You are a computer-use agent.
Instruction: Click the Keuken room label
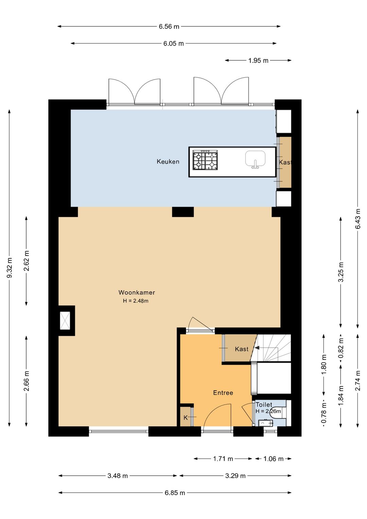pos(168,162)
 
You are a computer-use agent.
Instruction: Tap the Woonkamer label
pos(137,292)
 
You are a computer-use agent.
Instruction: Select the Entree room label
pos(223,393)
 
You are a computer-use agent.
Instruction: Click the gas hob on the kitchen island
pos(205,160)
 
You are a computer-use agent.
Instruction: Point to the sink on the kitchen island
pos(255,159)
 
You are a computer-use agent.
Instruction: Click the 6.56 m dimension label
pos(169,27)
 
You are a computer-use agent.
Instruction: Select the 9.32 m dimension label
pos(10,268)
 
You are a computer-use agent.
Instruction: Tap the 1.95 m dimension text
pos(258,61)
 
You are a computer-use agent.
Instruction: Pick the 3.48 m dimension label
pos(118,476)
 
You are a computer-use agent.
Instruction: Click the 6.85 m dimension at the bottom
pos(175,493)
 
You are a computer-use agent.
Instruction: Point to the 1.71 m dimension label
pos(223,458)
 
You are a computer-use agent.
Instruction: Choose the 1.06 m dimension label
pos(274,458)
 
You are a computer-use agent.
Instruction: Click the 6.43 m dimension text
pos(358,219)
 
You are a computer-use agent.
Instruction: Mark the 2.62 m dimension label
pos(27,261)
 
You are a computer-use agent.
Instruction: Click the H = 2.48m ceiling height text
pos(136,301)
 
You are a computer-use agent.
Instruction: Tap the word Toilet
pos(264,404)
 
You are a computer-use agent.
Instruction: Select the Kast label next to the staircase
pos(242,349)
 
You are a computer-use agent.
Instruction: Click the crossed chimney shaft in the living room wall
pos(65,321)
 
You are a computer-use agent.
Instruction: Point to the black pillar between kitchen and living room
pos(183,212)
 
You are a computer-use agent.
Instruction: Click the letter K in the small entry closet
pos(186,418)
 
